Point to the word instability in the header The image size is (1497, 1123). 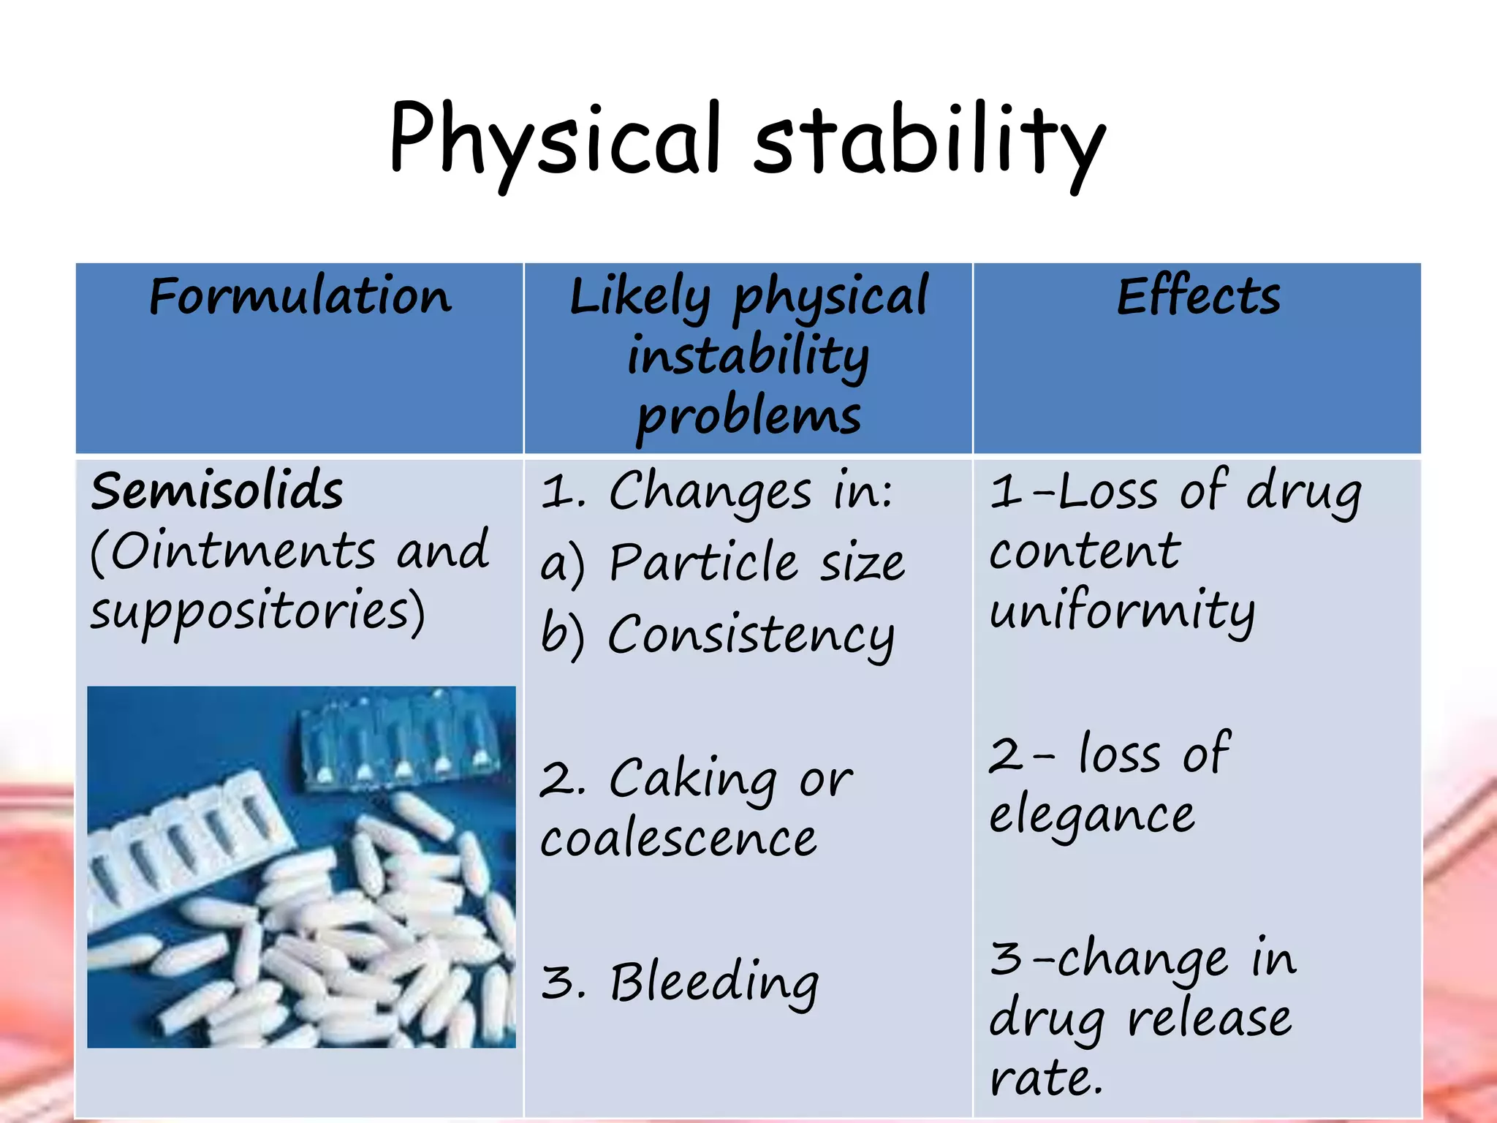tap(748, 356)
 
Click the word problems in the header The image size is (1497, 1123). tap(748, 416)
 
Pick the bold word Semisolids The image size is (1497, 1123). tap(217, 491)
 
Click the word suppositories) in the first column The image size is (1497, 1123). tap(257, 611)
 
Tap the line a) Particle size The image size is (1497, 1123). tap(722, 563)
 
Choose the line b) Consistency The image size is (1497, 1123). tap(717, 635)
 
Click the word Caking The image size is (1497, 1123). tap(692, 779)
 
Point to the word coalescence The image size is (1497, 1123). tap(678, 839)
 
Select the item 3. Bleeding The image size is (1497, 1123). tap(680, 981)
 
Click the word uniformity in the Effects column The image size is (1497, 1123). tap(1122, 611)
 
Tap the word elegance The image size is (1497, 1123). tap(1092, 814)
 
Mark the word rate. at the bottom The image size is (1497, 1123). tap(1046, 1077)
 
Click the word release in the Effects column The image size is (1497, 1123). tap(1209, 1018)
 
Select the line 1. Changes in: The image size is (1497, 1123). tap(716, 491)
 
